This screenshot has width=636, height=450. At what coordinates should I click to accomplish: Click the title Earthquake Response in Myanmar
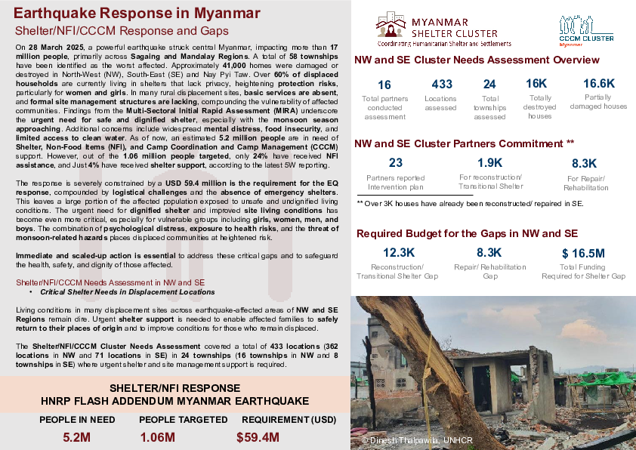[137, 14]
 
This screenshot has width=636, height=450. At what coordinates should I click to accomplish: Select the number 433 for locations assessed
[440, 85]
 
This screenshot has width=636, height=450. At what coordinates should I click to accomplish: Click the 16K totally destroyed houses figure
[536, 84]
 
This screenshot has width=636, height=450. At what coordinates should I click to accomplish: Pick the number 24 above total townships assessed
[489, 85]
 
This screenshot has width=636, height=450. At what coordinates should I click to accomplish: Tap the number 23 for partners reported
[395, 163]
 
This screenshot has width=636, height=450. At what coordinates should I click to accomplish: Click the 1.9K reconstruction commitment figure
[490, 163]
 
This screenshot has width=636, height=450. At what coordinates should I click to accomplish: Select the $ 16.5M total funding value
[583, 253]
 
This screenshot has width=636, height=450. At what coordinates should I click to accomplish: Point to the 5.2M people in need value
[76, 437]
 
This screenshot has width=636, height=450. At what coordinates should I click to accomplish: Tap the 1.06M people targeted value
[158, 437]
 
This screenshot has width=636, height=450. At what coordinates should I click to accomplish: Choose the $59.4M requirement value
[258, 437]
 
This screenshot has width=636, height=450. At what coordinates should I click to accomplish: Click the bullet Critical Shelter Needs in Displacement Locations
[127, 291]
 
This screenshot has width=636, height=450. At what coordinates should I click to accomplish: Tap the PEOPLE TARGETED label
[184, 420]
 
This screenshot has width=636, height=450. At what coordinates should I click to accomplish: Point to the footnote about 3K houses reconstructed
[470, 204]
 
